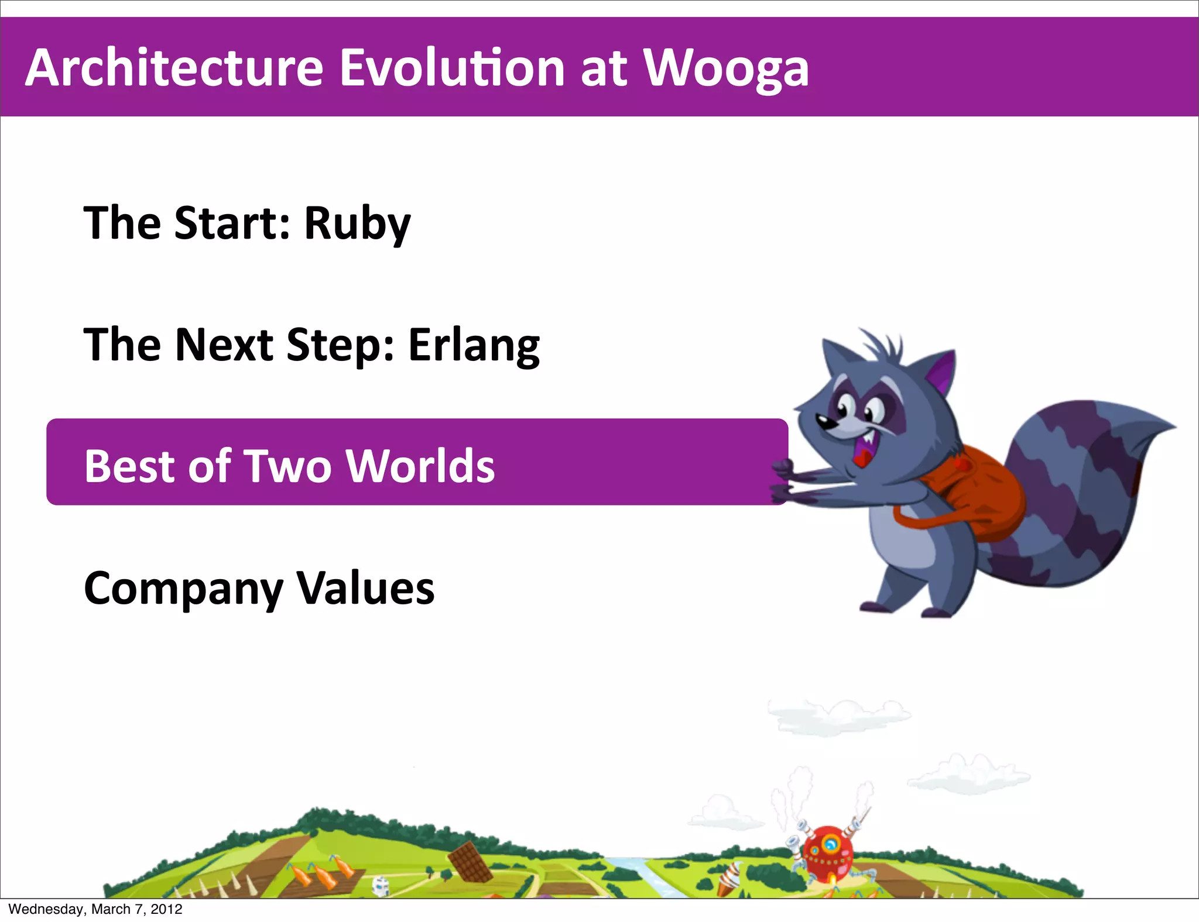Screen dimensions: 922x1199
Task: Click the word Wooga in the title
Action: tap(726, 69)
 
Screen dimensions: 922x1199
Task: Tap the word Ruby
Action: tap(357, 224)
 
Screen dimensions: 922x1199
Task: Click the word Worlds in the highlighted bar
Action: tap(420, 466)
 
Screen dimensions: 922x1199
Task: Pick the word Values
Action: tap(365, 588)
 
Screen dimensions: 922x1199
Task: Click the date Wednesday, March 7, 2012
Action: tap(95, 909)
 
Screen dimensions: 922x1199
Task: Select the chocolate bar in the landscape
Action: tap(470, 861)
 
